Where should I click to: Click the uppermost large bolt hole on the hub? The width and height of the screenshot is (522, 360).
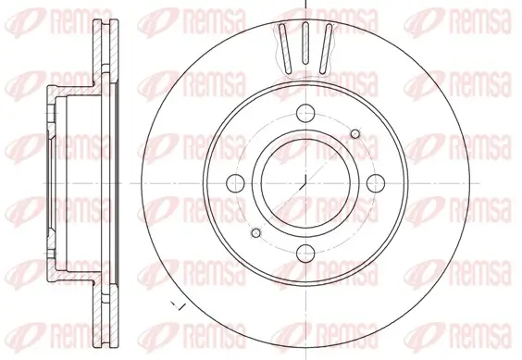tap(304, 117)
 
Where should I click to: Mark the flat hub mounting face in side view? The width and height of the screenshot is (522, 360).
tap(49, 182)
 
